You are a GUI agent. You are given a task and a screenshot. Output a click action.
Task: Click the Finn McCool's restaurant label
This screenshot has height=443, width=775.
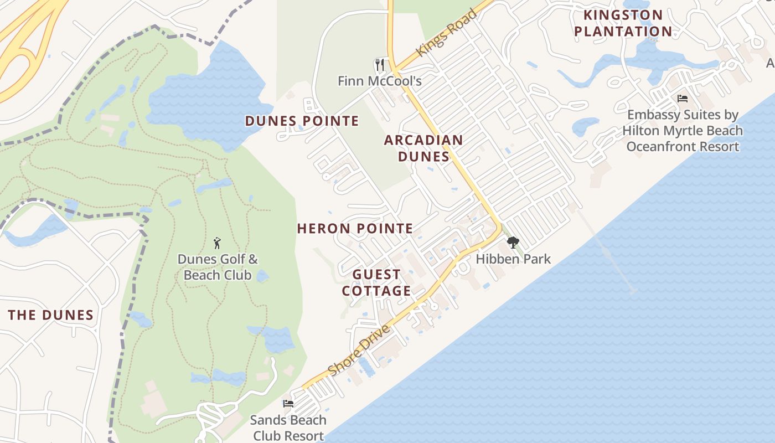coord(380,81)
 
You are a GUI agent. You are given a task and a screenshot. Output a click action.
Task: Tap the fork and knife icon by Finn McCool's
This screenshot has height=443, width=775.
coord(380,65)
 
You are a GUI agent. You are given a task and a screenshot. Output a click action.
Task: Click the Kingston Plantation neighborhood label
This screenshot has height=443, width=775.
coord(623,23)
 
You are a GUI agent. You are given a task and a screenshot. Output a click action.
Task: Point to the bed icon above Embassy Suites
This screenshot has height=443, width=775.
coord(683,99)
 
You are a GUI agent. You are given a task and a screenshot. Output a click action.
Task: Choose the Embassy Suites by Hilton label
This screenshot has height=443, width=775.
coord(683,131)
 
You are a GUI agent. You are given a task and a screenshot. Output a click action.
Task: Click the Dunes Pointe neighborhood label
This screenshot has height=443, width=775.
coord(302,121)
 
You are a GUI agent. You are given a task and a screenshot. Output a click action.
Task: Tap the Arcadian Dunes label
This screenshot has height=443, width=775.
coord(423,148)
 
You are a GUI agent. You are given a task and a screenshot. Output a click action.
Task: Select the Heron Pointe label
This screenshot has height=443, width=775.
coord(355,228)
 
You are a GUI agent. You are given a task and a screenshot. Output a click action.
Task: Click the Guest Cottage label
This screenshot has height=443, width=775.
coord(376,282)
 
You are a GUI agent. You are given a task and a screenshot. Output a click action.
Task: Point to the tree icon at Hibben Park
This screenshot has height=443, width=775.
coord(513,242)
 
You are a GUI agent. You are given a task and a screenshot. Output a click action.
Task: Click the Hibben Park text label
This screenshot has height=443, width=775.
coord(513,259)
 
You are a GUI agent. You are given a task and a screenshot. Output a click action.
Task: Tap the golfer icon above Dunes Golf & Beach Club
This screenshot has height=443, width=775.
coord(218,243)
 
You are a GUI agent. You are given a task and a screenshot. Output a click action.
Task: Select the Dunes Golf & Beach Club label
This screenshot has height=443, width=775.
coord(218,267)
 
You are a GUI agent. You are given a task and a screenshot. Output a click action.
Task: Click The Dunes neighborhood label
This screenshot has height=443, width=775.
coord(50,315)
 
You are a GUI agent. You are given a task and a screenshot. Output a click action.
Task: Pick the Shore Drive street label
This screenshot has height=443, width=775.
coord(359,351)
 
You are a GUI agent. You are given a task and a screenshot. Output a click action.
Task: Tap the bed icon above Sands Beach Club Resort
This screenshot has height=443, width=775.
coord(288,404)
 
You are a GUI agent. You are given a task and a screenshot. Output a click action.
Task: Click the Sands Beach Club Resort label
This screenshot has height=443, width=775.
coord(288,427)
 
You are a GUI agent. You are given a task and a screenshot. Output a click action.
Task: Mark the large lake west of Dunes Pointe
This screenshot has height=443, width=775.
coord(210,100)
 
